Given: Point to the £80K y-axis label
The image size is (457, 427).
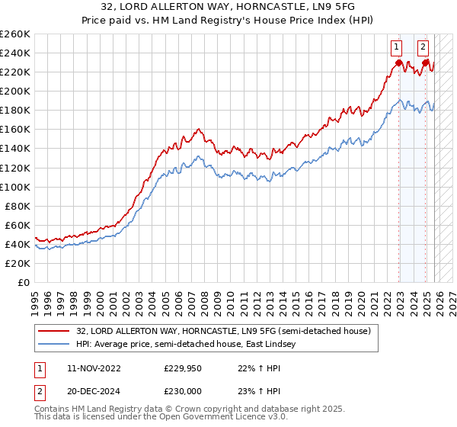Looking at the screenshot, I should pos(17,206).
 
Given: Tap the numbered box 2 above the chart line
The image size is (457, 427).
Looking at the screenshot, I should pos(423,45).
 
